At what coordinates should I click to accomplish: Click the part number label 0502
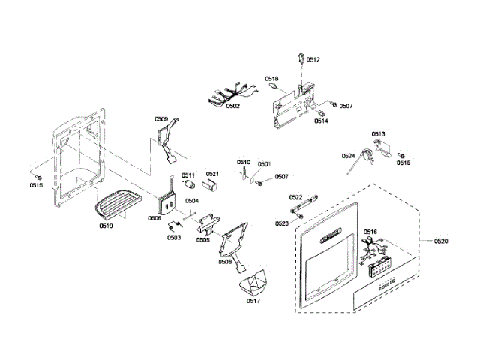coord(232,106)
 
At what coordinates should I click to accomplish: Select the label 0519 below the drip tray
coord(106,224)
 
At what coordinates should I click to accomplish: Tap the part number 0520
coord(441,241)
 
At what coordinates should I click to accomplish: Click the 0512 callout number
coord(313,59)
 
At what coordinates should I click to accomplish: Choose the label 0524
coord(349,156)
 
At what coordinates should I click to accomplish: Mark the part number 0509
coord(161,119)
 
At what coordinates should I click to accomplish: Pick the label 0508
coord(224,261)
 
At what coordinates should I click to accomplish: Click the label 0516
coord(370,232)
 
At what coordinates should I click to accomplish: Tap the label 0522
coord(296,196)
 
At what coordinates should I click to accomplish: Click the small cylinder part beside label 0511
coord(189,184)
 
